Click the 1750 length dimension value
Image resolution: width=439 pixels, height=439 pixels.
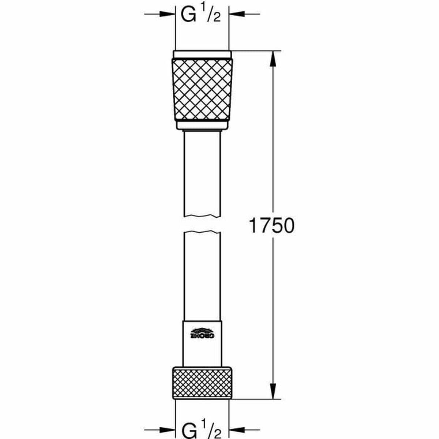coord(271,225)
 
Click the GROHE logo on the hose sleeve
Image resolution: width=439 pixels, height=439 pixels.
coord(202,334)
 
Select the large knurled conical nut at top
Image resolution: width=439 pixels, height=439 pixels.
coord(202,89)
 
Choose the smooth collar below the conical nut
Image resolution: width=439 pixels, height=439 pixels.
coord(202,125)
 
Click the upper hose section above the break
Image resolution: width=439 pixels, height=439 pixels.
coord(202,172)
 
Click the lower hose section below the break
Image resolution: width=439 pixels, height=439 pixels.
coord(202,274)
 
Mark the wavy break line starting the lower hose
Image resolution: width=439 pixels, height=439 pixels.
coord(202,232)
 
